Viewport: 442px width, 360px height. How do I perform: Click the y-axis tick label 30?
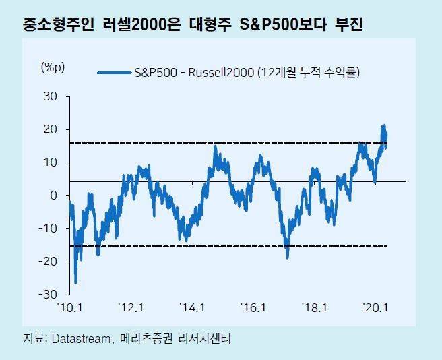coord(51,96)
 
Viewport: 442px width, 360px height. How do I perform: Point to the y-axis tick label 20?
coord(51,129)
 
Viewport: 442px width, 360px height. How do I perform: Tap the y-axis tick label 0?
coord(55,196)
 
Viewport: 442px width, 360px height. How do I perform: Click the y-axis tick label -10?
coord(49,229)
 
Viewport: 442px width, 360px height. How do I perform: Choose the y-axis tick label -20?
coord(49,262)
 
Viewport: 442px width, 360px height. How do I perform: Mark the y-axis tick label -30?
coord(49,295)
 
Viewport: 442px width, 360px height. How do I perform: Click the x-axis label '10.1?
coord(70,308)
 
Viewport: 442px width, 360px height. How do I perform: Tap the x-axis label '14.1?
coord(192,308)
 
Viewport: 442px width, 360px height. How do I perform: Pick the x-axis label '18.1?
coord(314,308)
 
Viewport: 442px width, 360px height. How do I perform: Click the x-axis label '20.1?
coord(375,308)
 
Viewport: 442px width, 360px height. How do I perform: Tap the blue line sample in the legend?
coord(114,72)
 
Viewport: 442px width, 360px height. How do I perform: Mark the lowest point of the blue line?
coord(75,282)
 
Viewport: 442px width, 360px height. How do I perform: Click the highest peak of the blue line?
coord(383,125)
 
